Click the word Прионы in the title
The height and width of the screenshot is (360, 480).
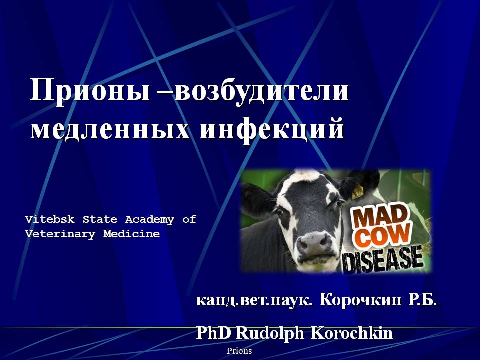pos(90,90)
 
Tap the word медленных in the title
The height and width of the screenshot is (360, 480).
pos(110,129)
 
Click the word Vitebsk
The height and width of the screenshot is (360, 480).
pos(50,219)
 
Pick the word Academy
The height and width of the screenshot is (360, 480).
pos(149,220)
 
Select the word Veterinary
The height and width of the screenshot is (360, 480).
pos(60,234)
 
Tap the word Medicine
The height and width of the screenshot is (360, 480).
pos(131,234)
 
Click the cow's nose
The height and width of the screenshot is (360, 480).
pos(313,243)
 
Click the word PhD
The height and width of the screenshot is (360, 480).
pos(213,333)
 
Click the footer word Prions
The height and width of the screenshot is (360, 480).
pos(239,351)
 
